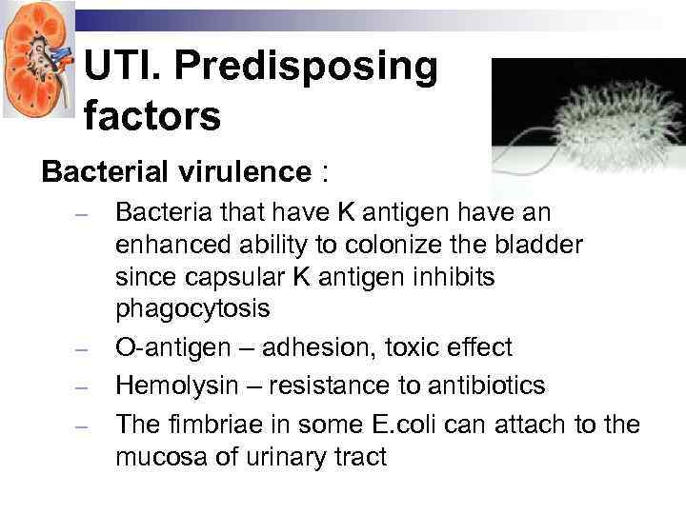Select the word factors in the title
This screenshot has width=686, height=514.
(x=151, y=116)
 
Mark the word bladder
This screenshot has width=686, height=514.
(x=535, y=246)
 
